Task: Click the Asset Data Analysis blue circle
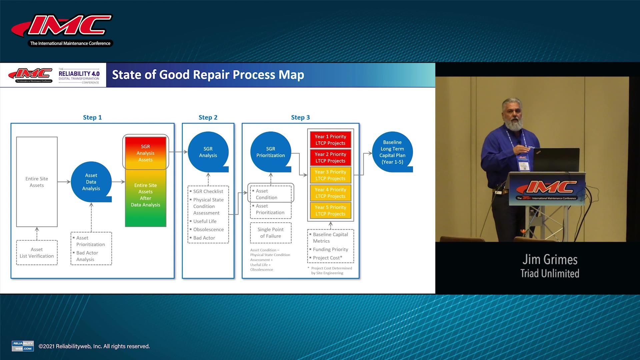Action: pos(91,182)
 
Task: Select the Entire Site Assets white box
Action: pos(37,182)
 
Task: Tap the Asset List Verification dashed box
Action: pos(37,253)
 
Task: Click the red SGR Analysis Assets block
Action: pos(145,153)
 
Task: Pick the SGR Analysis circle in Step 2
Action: pos(208,152)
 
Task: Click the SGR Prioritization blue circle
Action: pos(270,152)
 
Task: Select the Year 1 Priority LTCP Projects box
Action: pos(330,140)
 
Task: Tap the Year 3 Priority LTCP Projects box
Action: pos(330,175)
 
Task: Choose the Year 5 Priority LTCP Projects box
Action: pos(330,210)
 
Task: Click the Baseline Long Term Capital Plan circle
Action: pos(392,152)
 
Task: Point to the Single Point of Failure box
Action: pos(270,233)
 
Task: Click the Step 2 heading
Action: pos(208,117)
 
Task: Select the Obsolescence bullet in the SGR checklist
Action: pos(208,229)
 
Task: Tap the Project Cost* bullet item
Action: pos(327,258)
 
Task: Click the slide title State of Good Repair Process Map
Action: pos(208,75)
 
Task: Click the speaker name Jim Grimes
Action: pos(550,259)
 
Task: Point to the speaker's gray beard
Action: pos(512,125)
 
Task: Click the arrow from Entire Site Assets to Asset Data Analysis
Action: pos(64,182)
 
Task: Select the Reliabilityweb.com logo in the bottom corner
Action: pos(23,346)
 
